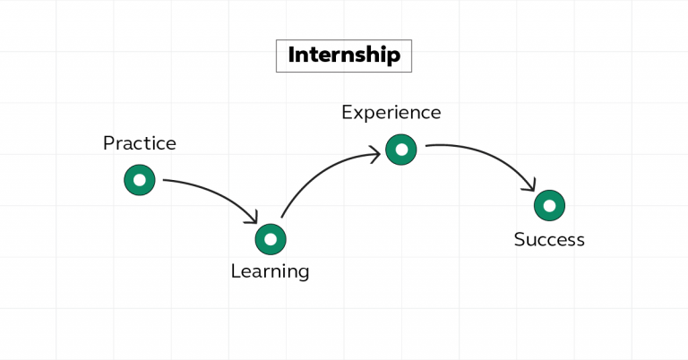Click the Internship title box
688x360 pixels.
point(343,56)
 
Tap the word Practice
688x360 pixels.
point(139,143)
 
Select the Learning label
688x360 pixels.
point(270,270)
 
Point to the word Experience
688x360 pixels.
point(391,112)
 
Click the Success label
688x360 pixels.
point(549,239)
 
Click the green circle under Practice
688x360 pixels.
point(139,180)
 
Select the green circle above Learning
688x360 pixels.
point(270,239)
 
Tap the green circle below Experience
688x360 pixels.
point(401,150)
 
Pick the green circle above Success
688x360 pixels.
point(549,205)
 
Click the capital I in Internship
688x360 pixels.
point(291,56)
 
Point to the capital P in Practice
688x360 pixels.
point(108,143)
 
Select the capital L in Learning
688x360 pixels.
point(235,270)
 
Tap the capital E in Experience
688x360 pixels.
point(347,112)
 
